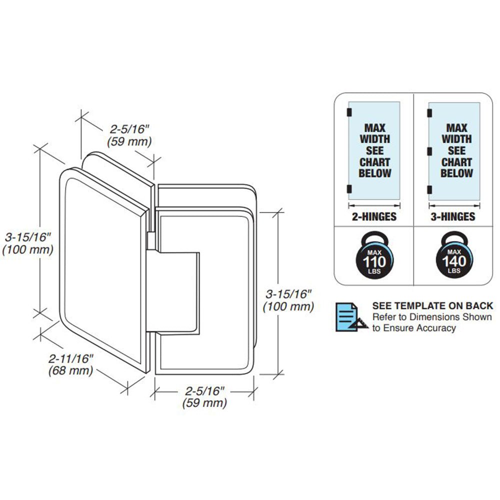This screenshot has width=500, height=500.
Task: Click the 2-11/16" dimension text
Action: pyautogui.click(x=71, y=358)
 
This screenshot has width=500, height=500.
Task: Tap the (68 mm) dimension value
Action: pyautogui.click(x=70, y=370)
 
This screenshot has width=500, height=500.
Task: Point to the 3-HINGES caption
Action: pyautogui.click(x=453, y=216)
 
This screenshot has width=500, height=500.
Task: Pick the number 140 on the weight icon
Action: pyautogui.click(x=453, y=262)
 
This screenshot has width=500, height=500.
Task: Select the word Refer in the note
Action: pyautogui.click(x=383, y=317)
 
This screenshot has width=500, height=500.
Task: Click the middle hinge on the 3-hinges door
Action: pyautogui.click(x=429, y=149)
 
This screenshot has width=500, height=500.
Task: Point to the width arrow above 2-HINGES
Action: pyautogui.click(x=374, y=205)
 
